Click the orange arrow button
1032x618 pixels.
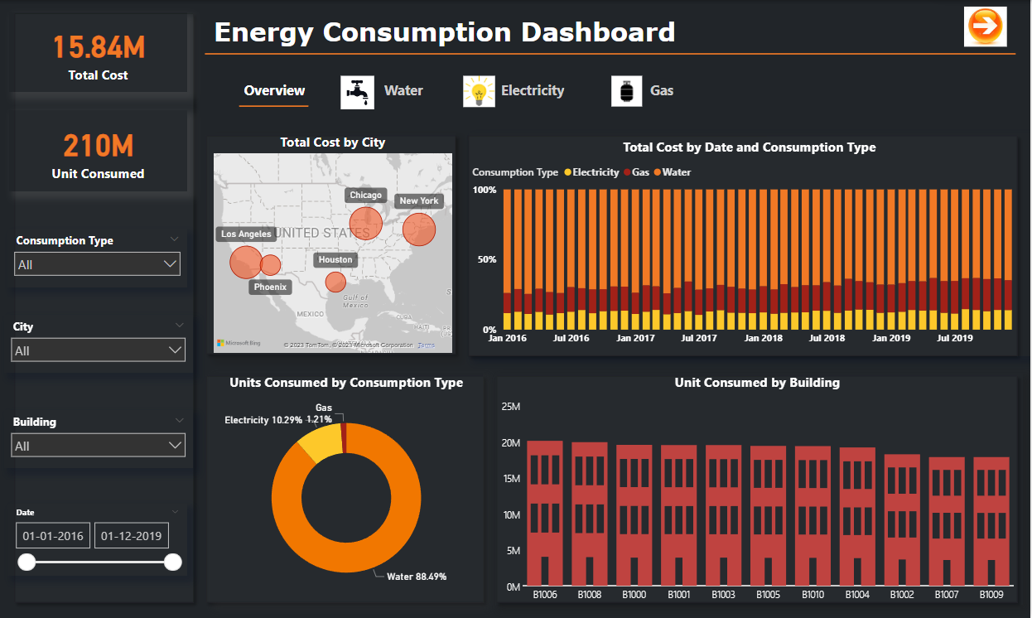[x=985, y=27]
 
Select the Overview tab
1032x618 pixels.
[x=274, y=91]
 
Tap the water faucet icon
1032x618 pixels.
[x=358, y=92]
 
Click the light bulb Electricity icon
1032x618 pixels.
[x=479, y=91]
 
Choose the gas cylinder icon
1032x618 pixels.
[x=627, y=91]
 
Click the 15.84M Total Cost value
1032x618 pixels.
[x=99, y=47]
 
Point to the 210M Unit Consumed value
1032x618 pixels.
[x=99, y=146]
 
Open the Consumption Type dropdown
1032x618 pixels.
[x=98, y=264]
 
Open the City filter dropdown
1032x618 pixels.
[x=99, y=350]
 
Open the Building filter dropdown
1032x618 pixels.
[x=99, y=446]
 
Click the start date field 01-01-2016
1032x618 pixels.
[x=53, y=536]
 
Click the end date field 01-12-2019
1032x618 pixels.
[x=132, y=536]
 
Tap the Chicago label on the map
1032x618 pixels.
[x=365, y=196]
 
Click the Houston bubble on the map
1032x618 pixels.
[x=335, y=282]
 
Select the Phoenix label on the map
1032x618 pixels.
[x=270, y=287]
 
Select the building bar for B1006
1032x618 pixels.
[x=545, y=514]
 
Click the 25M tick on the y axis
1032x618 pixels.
[x=510, y=407]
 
